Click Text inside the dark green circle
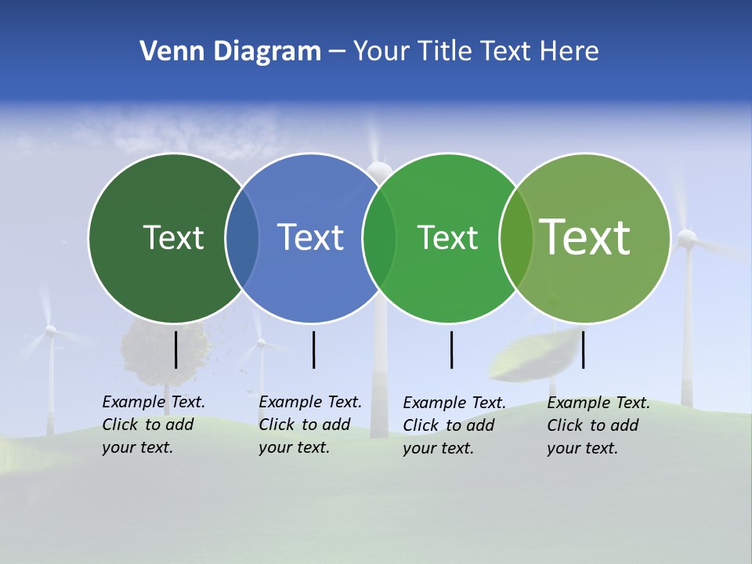[x=173, y=237]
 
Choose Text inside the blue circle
[x=310, y=237]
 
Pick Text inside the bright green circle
[x=447, y=237]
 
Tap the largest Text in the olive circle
[x=584, y=237]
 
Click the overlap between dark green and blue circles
[x=242, y=237]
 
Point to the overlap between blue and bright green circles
[x=378, y=237]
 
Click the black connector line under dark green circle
[x=175, y=349]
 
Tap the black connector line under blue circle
[x=313, y=349]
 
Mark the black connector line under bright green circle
[x=451, y=349]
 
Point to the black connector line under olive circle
[x=583, y=349]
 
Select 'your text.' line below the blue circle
[x=295, y=447]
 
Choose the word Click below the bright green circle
[x=421, y=425]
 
